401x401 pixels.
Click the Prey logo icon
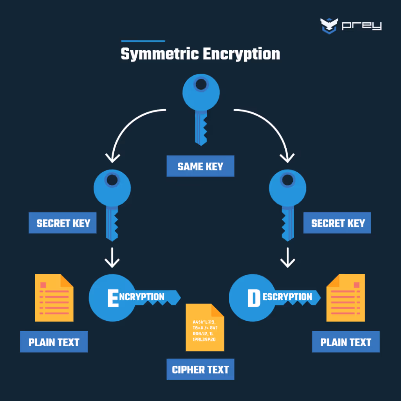tap(329, 26)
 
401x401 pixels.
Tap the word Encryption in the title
tap(241, 54)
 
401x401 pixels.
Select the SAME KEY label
tap(200, 166)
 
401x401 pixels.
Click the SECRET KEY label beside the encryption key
tap(63, 223)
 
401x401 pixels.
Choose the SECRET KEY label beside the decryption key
tap(338, 223)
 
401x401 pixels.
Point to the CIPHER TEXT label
tap(200, 369)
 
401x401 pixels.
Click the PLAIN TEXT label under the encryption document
tap(54, 342)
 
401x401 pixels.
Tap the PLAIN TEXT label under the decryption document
tap(345, 342)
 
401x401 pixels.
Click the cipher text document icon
tap(205, 327)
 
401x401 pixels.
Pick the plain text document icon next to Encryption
tap(54, 298)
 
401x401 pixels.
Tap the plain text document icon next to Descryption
tap(345, 298)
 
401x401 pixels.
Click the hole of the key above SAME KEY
tap(201, 84)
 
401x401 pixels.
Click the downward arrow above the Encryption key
tap(113, 257)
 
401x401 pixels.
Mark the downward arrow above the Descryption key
tap(288, 257)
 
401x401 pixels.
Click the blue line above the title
tap(143, 41)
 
